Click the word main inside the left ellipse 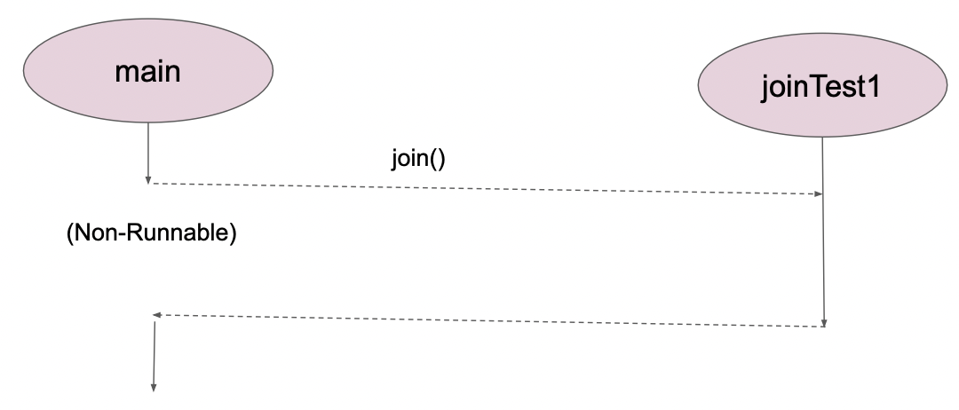(x=147, y=70)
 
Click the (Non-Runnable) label (x=152, y=236)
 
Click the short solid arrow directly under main (x=147, y=151)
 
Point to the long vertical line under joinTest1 (x=823, y=231)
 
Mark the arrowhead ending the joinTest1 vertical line (x=825, y=323)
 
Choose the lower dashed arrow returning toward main (x=488, y=320)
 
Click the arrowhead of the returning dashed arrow (x=156, y=314)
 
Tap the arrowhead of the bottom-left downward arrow (x=155, y=386)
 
